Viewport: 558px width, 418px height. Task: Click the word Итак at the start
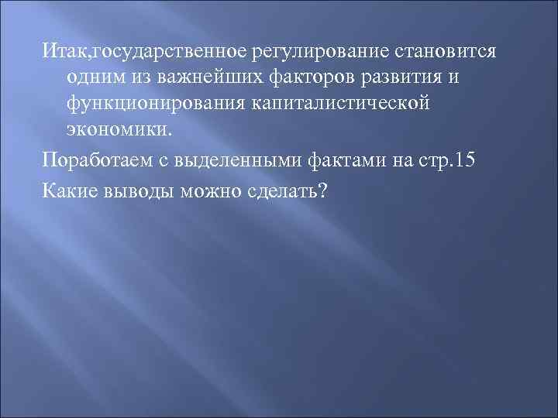tap(66, 51)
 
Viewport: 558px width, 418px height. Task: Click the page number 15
tap(467, 162)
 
